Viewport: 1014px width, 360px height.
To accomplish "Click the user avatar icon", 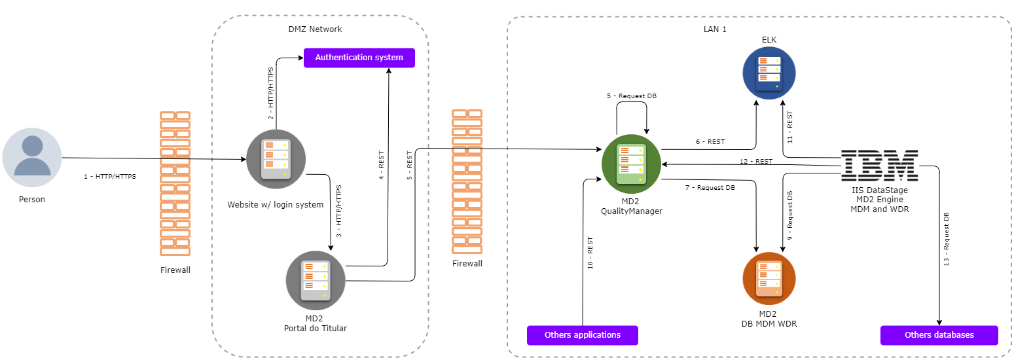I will tap(32, 157).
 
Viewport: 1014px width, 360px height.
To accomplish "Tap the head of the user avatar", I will tap(32, 146).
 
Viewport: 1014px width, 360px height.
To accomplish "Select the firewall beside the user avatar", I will tap(175, 183).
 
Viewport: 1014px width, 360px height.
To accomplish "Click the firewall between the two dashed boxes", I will tap(467, 181).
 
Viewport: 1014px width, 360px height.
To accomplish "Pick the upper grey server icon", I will tap(276, 159).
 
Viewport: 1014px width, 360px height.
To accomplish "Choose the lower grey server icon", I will tap(316, 280).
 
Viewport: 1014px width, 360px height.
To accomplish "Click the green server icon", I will tap(631, 164).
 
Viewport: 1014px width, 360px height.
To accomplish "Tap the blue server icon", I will tap(769, 73).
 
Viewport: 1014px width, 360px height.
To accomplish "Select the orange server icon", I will tap(769, 278).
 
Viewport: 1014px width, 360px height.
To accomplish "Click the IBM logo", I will tap(879, 165).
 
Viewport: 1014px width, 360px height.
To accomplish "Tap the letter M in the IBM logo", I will tap(902, 165).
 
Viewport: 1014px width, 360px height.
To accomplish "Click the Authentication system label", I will tap(359, 58).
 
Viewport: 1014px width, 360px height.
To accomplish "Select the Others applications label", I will tap(582, 335).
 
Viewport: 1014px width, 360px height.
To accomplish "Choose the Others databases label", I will tap(939, 335).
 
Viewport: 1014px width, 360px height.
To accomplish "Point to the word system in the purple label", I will tap(389, 58).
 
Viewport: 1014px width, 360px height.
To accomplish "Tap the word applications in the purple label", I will tap(595, 335).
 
